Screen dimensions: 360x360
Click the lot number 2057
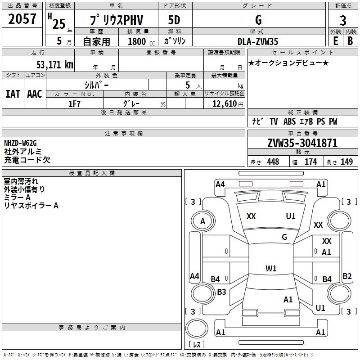pos(22,19)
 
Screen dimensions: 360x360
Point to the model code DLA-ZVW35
pos(258,41)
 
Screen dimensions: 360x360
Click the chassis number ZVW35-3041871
pos(302,143)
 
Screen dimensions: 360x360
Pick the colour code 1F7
pos(74,104)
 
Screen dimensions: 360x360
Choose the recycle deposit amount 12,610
pos(223,104)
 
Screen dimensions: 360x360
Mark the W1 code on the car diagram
pos(271,269)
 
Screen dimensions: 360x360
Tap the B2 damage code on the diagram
pos(347,276)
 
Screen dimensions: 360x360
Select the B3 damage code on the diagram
pos(221,292)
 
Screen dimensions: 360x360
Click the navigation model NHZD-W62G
pos(20,143)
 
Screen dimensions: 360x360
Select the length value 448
pos(273,162)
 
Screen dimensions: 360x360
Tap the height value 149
pos(346,162)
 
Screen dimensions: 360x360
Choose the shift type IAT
pos(13,94)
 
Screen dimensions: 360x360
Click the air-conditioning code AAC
pos(34,94)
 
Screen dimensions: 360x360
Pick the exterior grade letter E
pos(335,40)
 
